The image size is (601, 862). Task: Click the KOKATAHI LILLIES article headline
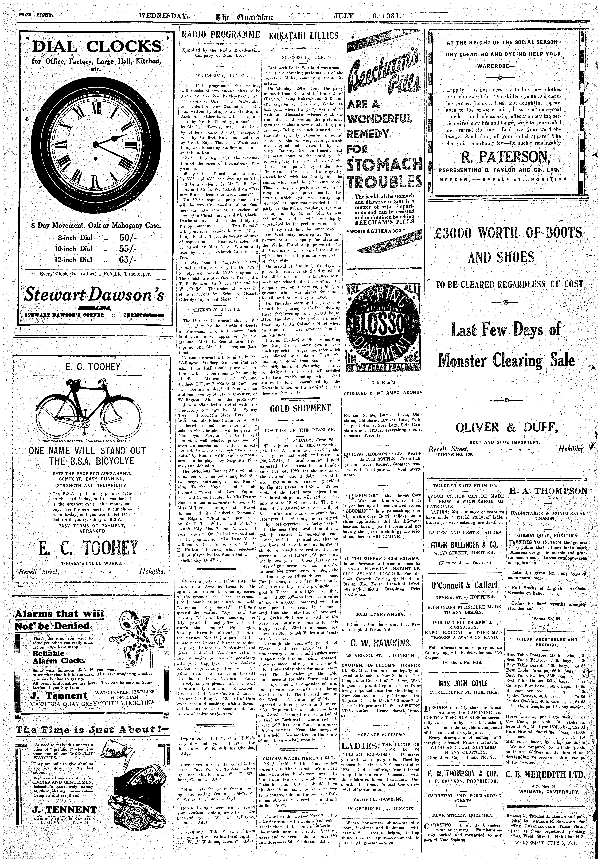pyautogui.click(x=303, y=36)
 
